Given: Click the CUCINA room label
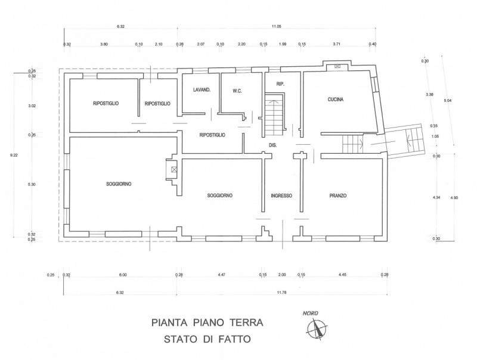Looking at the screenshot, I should (x=336, y=100).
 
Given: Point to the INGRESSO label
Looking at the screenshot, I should (x=281, y=195).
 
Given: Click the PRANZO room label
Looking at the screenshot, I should (x=337, y=195).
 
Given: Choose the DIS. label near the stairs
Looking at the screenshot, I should (x=273, y=145).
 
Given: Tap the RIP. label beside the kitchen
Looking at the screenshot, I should (x=280, y=85).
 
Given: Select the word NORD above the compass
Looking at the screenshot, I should (x=309, y=313).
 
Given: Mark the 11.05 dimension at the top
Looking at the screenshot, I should (x=276, y=26).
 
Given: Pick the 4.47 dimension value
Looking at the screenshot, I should (x=221, y=275).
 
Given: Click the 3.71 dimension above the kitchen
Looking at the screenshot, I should (x=336, y=44).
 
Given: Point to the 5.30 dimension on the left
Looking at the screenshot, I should (x=32, y=185).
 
